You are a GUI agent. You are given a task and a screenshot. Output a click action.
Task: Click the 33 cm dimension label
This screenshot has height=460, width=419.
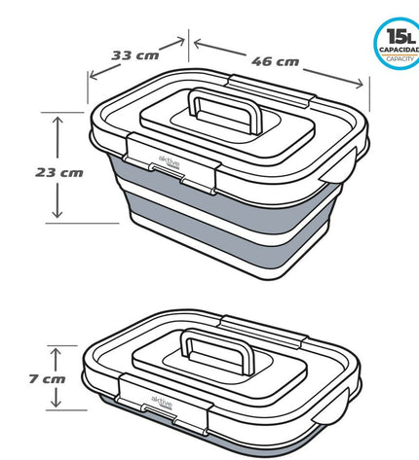[135, 55]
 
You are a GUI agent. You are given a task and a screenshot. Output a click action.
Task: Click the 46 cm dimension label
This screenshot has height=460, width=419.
[275, 61]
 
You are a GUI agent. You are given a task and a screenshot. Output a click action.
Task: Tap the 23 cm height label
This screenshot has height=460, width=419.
[59, 172]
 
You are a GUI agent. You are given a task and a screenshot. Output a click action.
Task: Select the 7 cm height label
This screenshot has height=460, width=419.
[47, 378]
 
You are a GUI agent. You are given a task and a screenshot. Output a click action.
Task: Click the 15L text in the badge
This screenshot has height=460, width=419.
[400, 36]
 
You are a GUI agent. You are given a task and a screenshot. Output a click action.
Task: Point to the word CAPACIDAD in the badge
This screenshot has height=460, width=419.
[400, 50]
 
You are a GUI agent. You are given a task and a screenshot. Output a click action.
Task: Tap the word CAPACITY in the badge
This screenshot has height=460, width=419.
[400, 59]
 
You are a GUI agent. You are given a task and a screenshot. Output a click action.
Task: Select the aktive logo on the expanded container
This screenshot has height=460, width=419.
[169, 162]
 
